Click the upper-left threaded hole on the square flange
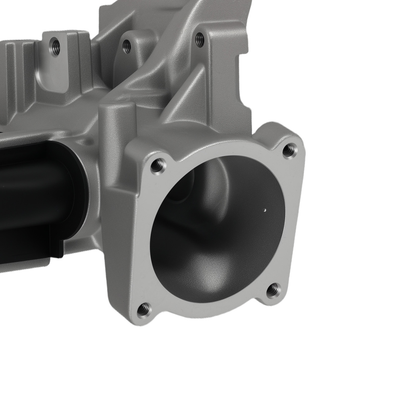(x=158, y=165)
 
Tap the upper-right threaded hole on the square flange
(x=290, y=150)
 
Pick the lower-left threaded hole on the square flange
(x=144, y=308)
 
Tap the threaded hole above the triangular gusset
(x=200, y=39)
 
